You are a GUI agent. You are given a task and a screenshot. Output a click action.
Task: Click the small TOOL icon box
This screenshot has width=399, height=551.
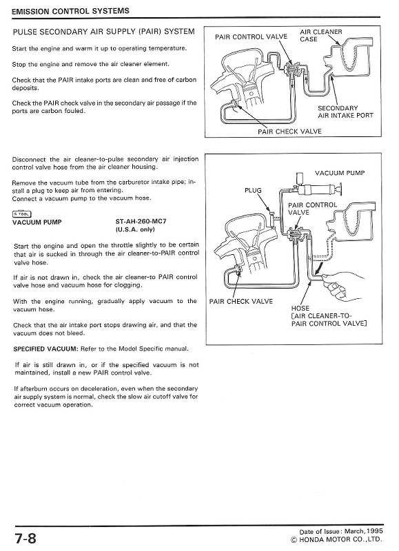click(21, 213)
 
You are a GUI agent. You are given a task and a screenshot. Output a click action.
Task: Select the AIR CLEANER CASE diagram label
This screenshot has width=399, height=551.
click(321, 35)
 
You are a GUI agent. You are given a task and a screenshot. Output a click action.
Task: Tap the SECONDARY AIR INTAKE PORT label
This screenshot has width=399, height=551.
click(345, 112)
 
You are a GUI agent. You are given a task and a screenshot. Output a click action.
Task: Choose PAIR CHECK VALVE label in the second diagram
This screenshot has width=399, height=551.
click(241, 301)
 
